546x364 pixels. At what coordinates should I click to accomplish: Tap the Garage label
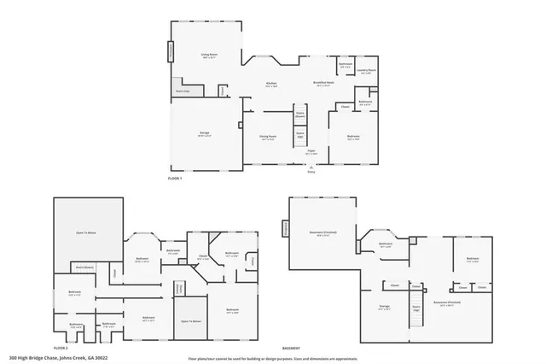coord(206,133)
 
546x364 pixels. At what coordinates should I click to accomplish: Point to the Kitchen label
coord(270,84)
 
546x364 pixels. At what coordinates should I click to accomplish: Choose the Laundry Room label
coord(368,71)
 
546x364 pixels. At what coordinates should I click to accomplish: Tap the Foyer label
coord(311,152)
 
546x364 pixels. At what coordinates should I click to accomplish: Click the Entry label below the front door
coord(311,172)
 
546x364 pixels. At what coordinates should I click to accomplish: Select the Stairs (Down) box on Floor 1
coord(300,114)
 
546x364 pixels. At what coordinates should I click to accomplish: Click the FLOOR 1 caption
coord(175,177)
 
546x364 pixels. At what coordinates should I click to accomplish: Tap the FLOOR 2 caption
coord(60,349)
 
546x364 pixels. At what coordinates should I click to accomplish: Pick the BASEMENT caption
coord(291,349)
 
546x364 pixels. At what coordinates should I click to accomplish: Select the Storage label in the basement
coord(384,305)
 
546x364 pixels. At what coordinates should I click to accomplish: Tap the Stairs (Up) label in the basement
coord(416,308)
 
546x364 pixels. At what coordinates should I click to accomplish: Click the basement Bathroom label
coord(385,244)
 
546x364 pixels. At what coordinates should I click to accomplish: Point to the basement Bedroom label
coord(472,260)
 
